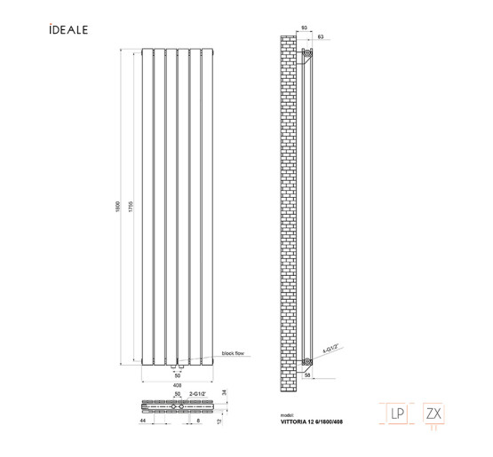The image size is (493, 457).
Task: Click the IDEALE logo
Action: coord(68,30)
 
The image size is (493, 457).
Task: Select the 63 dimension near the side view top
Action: coord(320,37)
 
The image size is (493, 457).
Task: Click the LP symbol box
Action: coord(397,413)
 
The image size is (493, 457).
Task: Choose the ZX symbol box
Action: coord(434,413)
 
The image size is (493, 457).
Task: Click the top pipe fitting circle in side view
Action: coord(308,54)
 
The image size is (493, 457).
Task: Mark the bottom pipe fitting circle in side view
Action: coord(307,361)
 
